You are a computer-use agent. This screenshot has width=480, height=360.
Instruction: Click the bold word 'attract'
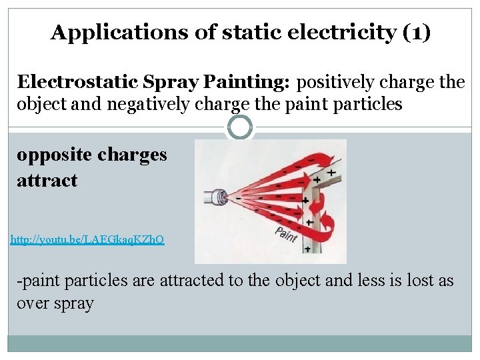point(47,180)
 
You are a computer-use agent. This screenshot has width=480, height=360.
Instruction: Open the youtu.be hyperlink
point(87,238)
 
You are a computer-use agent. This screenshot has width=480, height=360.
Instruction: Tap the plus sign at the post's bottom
point(307,248)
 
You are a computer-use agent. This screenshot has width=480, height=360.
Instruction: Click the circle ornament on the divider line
point(239,127)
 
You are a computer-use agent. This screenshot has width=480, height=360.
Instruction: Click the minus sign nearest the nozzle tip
point(238,198)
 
